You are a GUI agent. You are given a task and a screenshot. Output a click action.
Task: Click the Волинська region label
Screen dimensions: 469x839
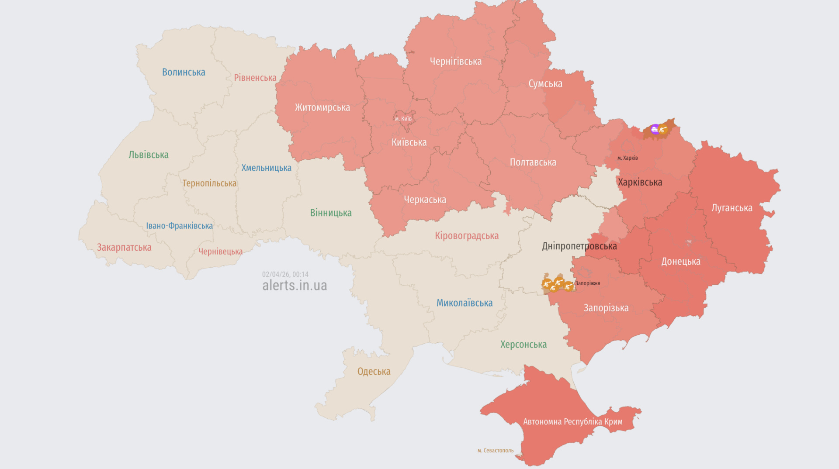click(184, 72)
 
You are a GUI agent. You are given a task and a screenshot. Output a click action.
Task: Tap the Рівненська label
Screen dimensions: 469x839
click(255, 78)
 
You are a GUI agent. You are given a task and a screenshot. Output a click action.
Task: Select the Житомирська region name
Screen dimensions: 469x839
click(322, 107)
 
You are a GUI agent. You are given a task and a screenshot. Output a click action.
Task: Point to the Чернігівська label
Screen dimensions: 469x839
click(456, 62)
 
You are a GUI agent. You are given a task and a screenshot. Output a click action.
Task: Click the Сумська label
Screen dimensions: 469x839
click(545, 84)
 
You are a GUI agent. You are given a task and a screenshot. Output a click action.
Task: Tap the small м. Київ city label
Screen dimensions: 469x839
click(403, 119)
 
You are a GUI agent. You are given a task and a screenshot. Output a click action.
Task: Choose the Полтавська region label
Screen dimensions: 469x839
click(533, 162)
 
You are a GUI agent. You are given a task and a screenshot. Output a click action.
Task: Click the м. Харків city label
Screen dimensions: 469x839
click(628, 158)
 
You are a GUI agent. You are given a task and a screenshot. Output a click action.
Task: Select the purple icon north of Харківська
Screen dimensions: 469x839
click(655, 129)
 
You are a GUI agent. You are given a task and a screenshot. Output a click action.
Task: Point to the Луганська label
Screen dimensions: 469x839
click(732, 208)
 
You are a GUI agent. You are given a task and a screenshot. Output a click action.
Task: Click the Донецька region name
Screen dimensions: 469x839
click(681, 262)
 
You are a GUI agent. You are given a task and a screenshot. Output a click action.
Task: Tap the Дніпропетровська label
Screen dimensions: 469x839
click(579, 246)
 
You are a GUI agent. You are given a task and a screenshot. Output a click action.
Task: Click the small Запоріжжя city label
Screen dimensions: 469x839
click(588, 283)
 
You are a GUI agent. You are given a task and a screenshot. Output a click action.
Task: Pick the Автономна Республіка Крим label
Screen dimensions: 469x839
click(573, 422)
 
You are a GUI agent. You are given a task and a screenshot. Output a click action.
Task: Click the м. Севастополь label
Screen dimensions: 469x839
click(496, 451)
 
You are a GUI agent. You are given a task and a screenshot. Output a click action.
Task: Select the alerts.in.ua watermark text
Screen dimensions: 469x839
click(295, 286)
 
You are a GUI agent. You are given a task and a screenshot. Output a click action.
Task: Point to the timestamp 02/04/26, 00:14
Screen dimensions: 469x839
click(285, 274)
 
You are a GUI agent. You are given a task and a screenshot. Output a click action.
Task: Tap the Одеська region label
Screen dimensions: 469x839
click(374, 372)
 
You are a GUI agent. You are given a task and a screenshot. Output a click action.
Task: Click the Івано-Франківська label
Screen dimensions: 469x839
click(179, 226)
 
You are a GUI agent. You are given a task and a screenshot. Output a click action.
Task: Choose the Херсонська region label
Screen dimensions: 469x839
click(524, 345)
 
